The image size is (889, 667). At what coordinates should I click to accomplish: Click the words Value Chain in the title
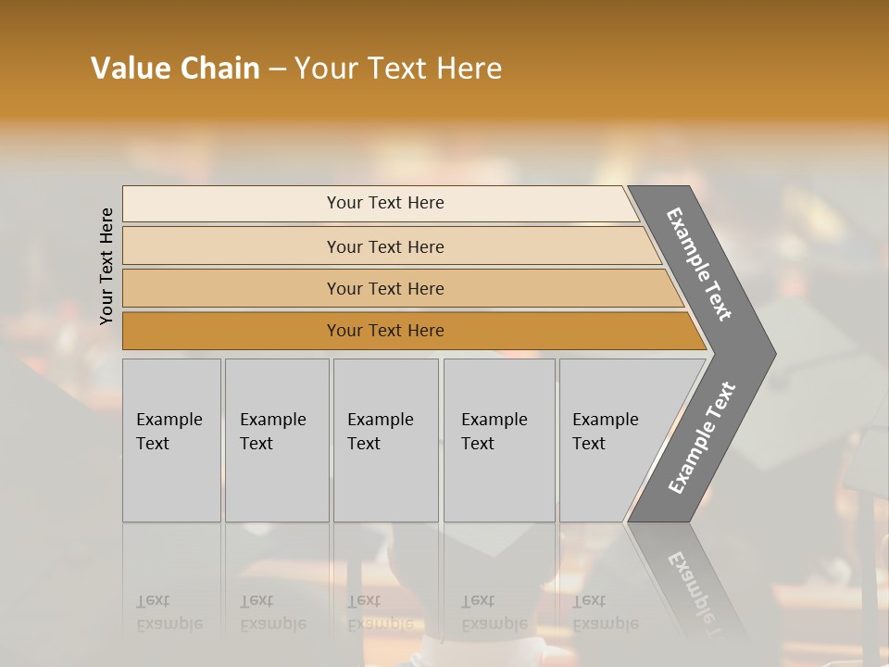pyautogui.click(x=175, y=69)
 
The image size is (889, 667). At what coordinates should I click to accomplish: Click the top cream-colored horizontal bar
pyautogui.click(x=232, y=203)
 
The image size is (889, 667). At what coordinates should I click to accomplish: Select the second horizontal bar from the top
pyautogui.click(x=232, y=246)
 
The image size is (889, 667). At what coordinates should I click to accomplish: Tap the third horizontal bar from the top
pyautogui.click(x=232, y=288)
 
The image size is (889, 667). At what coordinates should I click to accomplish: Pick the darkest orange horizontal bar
pyautogui.click(x=232, y=331)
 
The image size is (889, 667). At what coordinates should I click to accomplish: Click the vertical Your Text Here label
pyautogui.click(x=106, y=266)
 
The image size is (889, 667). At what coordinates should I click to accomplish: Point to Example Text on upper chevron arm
pyautogui.click(x=700, y=264)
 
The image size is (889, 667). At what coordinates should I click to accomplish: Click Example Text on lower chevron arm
pyautogui.click(x=702, y=438)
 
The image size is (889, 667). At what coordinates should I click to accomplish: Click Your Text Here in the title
pyautogui.click(x=398, y=69)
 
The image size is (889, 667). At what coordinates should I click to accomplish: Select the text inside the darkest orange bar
pyautogui.click(x=385, y=331)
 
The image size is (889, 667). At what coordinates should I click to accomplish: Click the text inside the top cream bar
pyautogui.click(x=385, y=203)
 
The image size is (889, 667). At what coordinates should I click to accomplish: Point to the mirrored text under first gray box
pyautogui.click(x=169, y=612)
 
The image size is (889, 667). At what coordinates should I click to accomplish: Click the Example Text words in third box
pyautogui.click(x=380, y=432)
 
